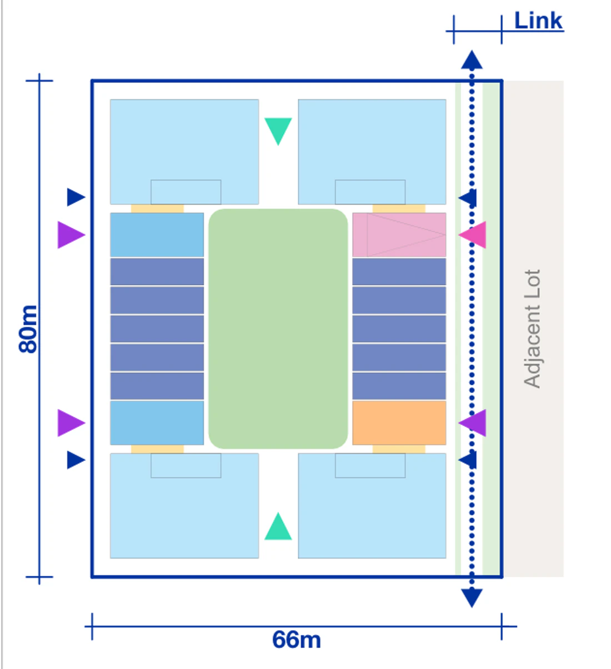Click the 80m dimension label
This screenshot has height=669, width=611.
click(28, 329)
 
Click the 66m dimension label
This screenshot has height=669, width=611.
click(296, 640)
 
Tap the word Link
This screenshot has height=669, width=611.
click(538, 21)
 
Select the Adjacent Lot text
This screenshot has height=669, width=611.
click(532, 329)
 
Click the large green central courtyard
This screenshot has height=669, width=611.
click(278, 329)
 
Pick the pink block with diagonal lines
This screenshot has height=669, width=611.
click(399, 235)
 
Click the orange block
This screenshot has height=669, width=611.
click(399, 423)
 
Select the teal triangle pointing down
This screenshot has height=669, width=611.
click(278, 129)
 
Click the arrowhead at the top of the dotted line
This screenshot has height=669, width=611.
click(472, 60)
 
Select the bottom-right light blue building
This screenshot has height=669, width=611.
click(372, 506)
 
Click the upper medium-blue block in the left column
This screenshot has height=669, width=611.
click(157, 235)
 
